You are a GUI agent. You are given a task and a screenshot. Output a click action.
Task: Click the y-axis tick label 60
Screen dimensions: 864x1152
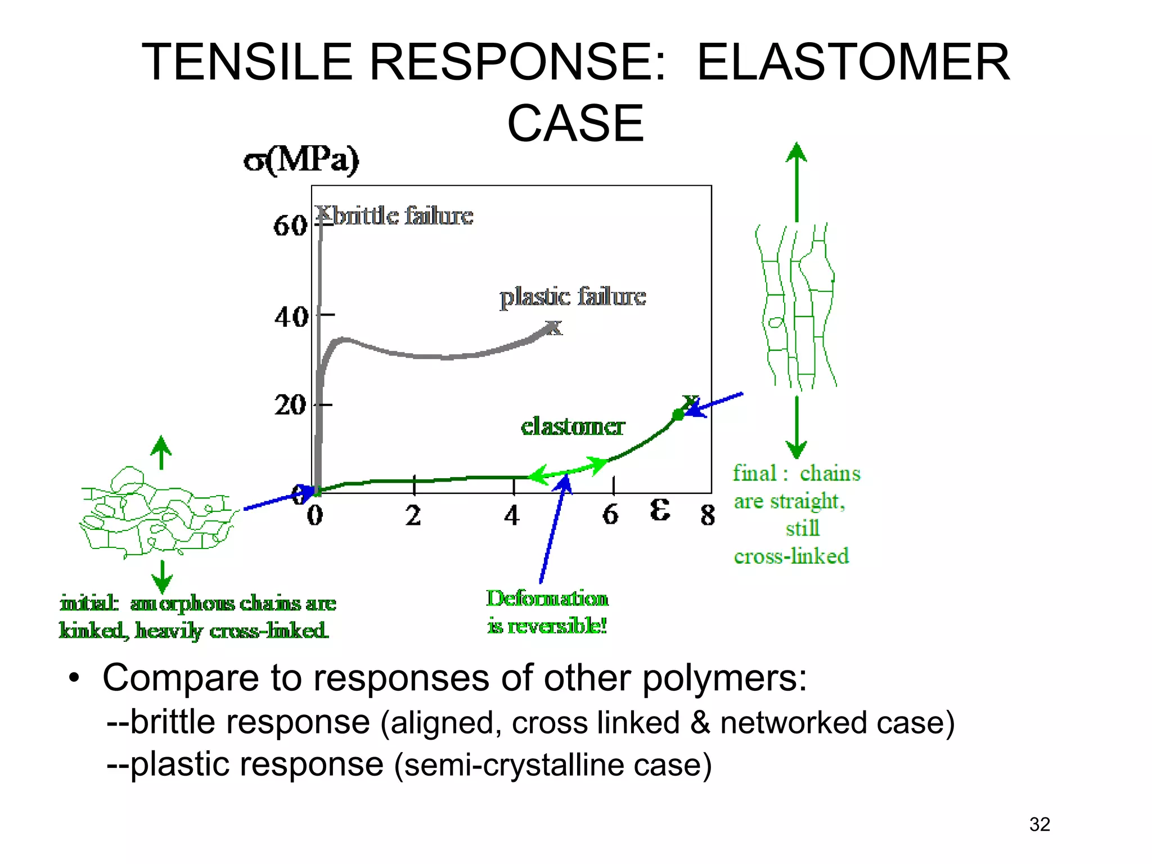tap(289, 226)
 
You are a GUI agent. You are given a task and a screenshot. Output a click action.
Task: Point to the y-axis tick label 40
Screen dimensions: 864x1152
tap(291, 317)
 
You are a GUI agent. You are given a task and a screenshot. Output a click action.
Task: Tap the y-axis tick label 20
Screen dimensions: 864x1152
tap(290, 405)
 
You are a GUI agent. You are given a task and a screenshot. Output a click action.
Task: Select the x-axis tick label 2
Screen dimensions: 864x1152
tap(413, 515)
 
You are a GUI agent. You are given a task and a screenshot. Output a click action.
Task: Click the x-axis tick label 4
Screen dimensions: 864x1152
tap(511, 515)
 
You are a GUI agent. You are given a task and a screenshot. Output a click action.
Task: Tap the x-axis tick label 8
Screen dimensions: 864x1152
tap(708, 515)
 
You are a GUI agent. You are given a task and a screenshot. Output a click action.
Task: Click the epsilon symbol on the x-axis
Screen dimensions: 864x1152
tap(659, 510)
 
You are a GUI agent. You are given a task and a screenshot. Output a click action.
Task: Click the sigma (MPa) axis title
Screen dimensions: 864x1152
tap(301, 160)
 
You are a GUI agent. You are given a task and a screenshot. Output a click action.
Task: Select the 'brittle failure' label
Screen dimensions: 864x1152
tap(403, 216)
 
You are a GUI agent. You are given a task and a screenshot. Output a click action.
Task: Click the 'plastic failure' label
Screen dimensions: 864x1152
tap(573, 296)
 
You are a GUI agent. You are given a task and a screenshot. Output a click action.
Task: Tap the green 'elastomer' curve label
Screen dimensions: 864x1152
tap(572, 426)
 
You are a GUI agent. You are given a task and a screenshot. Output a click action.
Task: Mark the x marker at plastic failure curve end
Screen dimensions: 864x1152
tap(554, 327)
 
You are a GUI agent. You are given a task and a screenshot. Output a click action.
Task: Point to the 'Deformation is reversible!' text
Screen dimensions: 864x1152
tap(547, 612)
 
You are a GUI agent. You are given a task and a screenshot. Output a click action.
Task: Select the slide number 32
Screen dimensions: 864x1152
tap(1039, 824)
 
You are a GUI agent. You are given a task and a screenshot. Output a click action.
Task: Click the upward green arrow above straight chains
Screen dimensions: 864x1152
tap(796, 180)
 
